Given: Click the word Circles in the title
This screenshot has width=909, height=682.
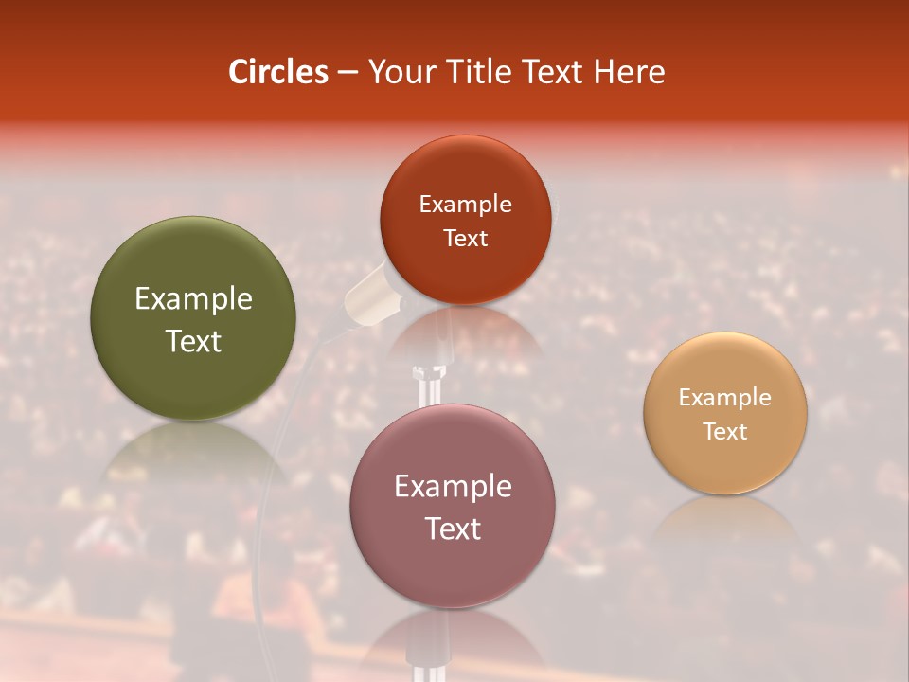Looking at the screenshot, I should coord(278,72).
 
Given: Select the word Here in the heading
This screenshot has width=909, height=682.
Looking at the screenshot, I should coord(628,72).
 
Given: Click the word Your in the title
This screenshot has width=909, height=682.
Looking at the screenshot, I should coord(397,72).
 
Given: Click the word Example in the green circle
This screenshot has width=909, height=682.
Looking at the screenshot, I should coord(193,299).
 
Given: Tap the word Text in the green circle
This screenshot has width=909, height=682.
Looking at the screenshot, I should coord(193,341).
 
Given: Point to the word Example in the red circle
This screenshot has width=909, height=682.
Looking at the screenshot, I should coord(465,205).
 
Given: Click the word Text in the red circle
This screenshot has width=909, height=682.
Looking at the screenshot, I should coord(465,238).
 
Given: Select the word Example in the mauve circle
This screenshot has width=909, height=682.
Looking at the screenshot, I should coord(453,487).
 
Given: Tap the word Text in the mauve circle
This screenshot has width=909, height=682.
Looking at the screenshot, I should coord(453,529).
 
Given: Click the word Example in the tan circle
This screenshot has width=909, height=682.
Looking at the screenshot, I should coord(725,398).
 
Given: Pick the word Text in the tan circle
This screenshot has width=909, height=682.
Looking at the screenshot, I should coord(725,431).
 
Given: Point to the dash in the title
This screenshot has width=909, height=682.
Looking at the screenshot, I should coord(348,73).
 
